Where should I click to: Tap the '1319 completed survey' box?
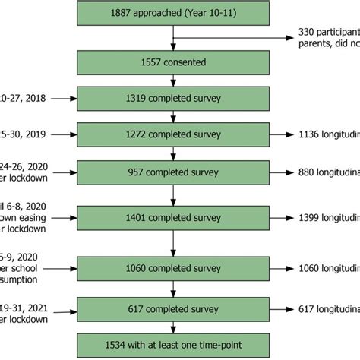coord(175,98)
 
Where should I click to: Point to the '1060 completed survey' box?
coord(175,267)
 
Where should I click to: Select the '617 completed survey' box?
coord(175,309)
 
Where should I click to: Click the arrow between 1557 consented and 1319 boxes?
coord(175,81)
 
